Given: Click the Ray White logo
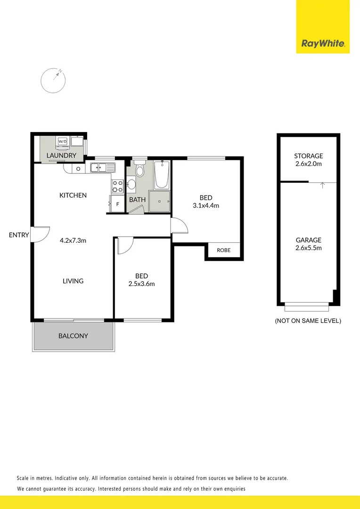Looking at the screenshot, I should pyautogui.click(x=323, y=44).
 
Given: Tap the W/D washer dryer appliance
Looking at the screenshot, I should pyautogui.click(x=62, y=141).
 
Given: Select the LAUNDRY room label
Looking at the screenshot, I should pyautogui.click(x=61, y=156).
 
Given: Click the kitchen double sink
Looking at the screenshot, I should pyautogui.click(x=102, y=167).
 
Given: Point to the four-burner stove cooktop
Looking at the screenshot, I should pyautogui.click(x=117, y=187).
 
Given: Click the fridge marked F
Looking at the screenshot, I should pyautogui.click(x=117, y=205).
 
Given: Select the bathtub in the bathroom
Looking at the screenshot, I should pyautogui.click(x=161, y=174).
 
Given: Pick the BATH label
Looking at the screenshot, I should pyautogui.click(x=137, y=200).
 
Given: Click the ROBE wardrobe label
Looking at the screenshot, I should pyautogui.click(x=224, y=250).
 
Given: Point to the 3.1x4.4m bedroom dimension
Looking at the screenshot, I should pyautogui.click(x=206, y=205).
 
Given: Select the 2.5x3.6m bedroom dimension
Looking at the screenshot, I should pyautogui.click(x=141, y=284).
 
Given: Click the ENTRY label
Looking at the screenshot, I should pyautogui.click(x=19, y=235).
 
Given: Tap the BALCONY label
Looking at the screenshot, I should pyautogui.click(x=73, y=336).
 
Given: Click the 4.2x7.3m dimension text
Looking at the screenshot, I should pyautogui.click(x=73, y=240).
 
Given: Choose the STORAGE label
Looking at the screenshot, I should pyautogui.click(x=309, y=156).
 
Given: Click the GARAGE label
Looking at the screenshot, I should pyautogui.click(x=309, y=240).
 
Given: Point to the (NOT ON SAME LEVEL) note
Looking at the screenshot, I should pyautogui.click(x=308, y=321).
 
